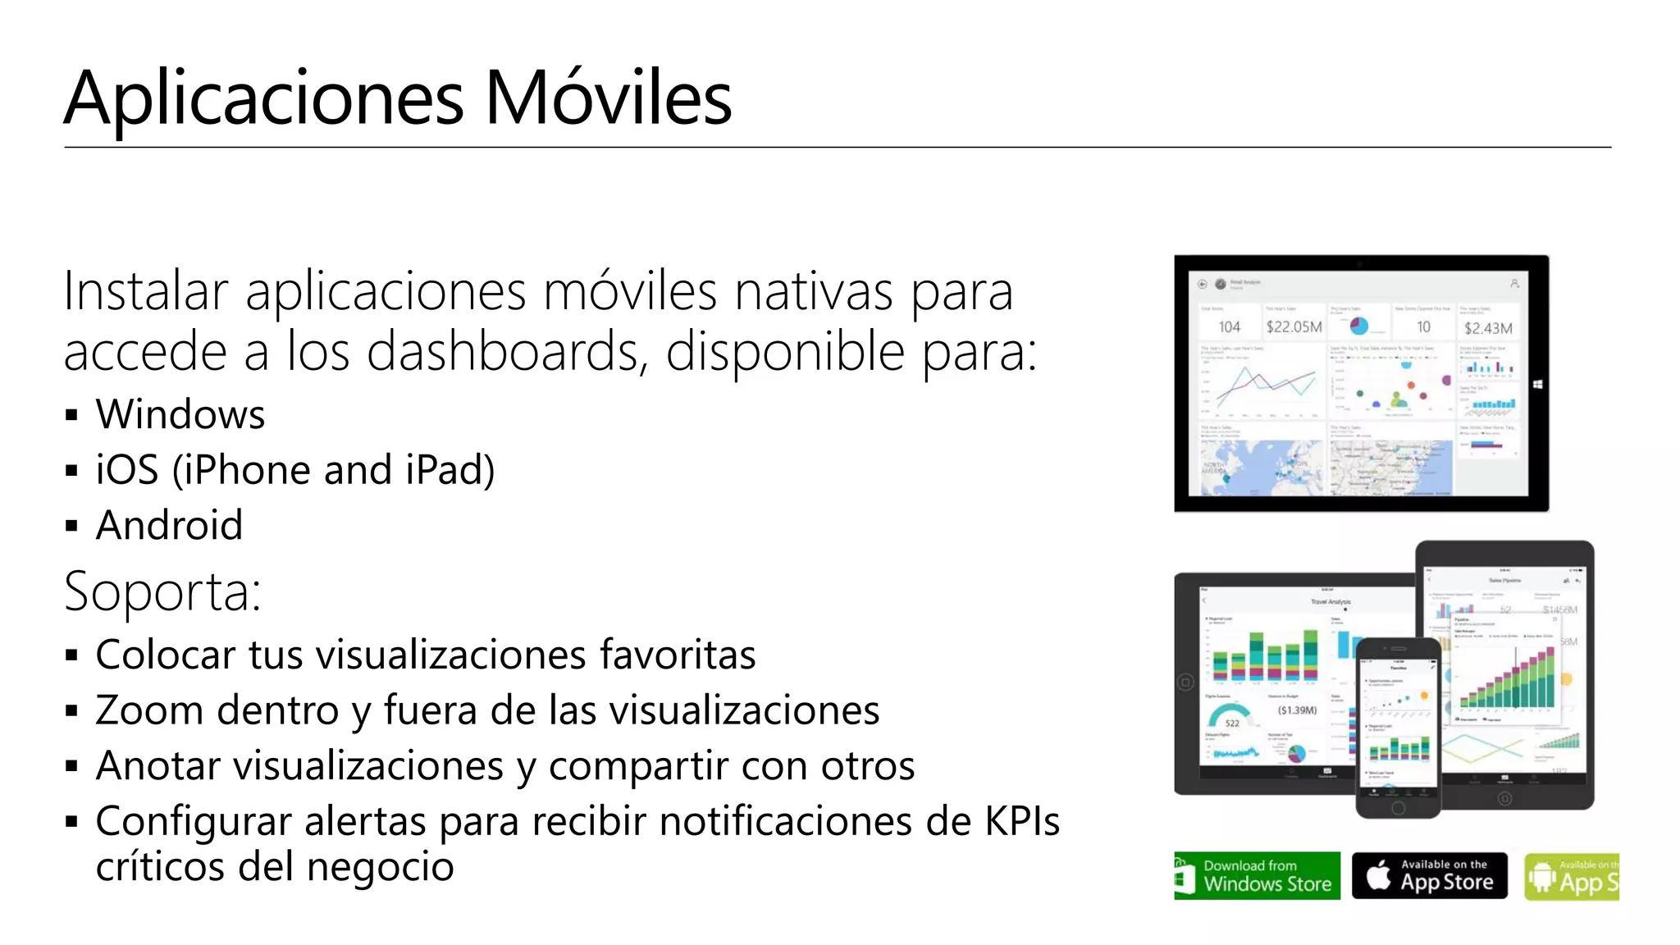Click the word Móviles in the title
(x=608, y=98)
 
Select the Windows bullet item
(x=180, y=414)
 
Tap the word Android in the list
(x=170, y=525)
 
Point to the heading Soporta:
(x=162, y=591)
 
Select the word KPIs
(x=1022, y=821)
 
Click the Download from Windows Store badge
(x=1257, y=876)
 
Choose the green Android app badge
(x=1571, y=877)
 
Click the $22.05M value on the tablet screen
(x=1294, y=327)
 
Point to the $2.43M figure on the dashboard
(x=1488, y=328)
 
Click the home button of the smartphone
(x=1399, y=808)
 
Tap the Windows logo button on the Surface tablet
(x=1538, y=384)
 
